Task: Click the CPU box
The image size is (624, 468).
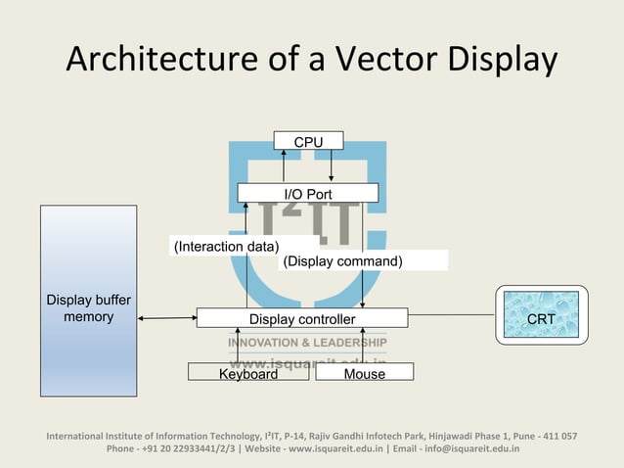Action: coord(308,142)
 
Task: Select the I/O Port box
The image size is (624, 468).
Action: coord(308,194)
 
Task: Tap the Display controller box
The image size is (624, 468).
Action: coord(302,318)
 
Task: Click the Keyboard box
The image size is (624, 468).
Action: coord(248,373)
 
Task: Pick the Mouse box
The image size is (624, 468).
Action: coord(364,373)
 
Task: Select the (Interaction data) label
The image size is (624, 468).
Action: coord(226,246)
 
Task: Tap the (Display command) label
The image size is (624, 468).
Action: coord(342,261)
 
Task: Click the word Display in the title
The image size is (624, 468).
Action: coord(498,61)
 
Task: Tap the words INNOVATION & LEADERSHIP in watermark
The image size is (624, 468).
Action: coord(307,343)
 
